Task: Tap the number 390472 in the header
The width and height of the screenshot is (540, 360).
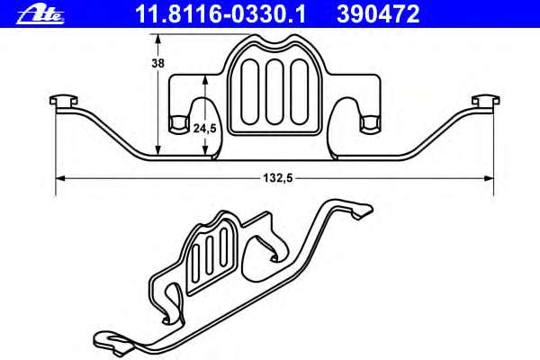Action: click(x=379, y=13)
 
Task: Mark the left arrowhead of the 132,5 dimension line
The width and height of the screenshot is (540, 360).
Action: click(x=60, y=178)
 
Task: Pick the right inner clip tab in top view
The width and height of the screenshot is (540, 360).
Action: click(x=369, y=121)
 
